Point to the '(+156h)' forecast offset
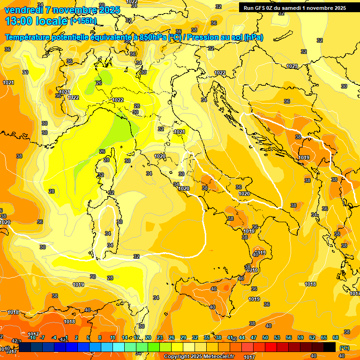coord(83,21)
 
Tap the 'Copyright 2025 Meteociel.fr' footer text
coord(199,356)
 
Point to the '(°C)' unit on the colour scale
coord(344,348)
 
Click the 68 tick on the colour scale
coord(336,337)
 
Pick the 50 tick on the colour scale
coord(265,337)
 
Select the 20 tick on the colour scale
coord(148,337)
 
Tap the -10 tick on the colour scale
coord(32,337)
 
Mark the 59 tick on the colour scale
coord(300,337)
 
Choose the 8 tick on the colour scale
coord(100,337)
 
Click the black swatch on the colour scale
coord(330,347)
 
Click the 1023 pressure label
coord(292,66)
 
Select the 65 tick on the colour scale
coord(324,337)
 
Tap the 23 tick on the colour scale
coord(160,337)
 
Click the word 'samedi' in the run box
coord(293,8)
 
